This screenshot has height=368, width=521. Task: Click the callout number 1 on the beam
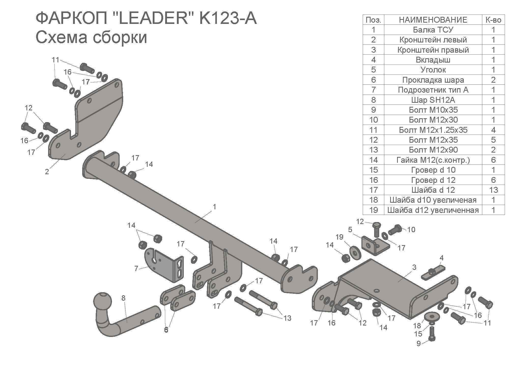click(x=214, y=207)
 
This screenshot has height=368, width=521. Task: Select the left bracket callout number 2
click(x=47, y=172)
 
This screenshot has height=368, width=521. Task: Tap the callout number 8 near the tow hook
click(x=123, y=298)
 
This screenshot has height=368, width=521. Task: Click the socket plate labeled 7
click(x=163, y=266)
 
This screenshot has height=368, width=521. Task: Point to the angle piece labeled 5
click(x=374, y=246)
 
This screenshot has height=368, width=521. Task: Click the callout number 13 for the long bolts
click(x=287, y=318)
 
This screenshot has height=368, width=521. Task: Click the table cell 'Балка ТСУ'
click(x=433, y=30)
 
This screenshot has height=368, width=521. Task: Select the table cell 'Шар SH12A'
click(x=433, y=100)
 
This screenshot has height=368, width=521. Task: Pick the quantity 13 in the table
click(x=493, y=190)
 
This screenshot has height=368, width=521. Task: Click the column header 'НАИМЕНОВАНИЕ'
click(x=433, y=20)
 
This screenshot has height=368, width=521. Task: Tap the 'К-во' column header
click(x=493, y=20)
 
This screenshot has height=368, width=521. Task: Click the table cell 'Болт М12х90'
click(x=433, y=150)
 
